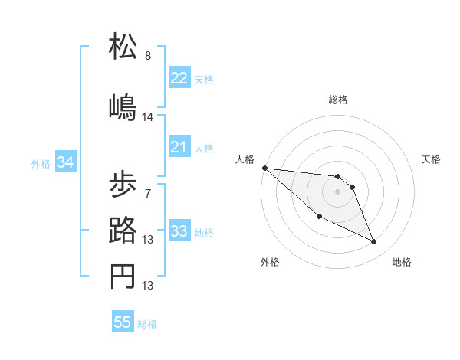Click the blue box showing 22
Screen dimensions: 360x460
click(x=179, y=78)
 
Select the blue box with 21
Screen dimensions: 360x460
click(x=179, y=147)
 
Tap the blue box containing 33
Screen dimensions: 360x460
click(x=179, y=231)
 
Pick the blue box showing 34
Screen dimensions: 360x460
click(x=65, y=162)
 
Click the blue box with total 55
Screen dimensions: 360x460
click(x=123, y=322)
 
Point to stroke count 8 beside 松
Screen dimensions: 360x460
click(x=148, y=56)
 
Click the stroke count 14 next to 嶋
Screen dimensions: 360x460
click(x=148, y=116)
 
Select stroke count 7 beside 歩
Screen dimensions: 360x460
click(x=148, y=193)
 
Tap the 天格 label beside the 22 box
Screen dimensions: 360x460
click(x=204, y=79)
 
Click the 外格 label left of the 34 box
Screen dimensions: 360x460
click(x=41, y=163)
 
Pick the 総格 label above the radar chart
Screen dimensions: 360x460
click(x=338, y=100)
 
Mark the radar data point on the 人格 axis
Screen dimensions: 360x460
click(x=264, y=168)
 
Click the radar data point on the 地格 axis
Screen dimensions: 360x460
click(x=374, y=242)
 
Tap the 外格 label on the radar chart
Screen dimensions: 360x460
click(x=270, y=263)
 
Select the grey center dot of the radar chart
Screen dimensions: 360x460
click(x=338, y=191)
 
